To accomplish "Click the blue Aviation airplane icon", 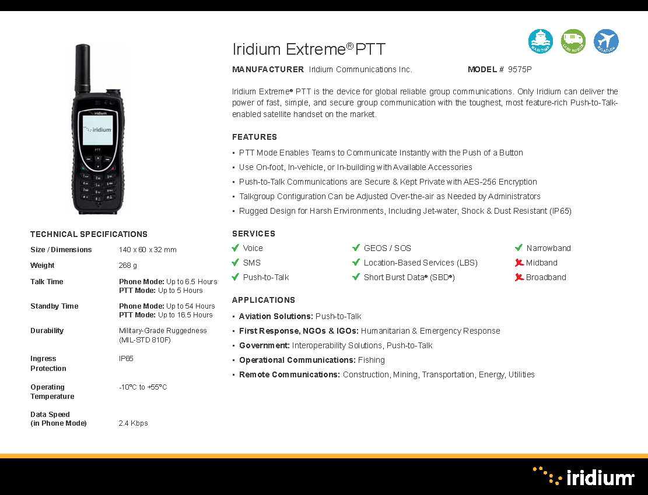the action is pos(606,41).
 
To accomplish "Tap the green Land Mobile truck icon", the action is pos(573,41).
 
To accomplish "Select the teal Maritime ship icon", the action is pos(541,41).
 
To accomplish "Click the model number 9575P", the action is pos(520,69).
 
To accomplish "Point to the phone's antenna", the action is pos(83,68).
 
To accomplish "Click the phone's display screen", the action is pos(97,130).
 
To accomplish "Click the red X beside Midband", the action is pos(519,263).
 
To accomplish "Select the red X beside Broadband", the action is pos(519,277).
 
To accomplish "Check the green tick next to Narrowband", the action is pos(519,248).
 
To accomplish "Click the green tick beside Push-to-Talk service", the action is pos(235,277).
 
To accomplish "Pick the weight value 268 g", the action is pos(128,265).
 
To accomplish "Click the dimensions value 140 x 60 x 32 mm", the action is pos(148,250).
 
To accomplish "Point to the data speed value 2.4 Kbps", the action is pos(133,423).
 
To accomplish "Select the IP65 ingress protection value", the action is pos(126,359).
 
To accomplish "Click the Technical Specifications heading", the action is pos(89,234).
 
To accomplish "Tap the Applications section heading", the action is pos(264,300).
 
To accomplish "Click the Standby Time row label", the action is pos(54,306).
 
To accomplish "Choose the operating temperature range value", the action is pos(143,387).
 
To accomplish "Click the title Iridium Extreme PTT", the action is pos(309,49).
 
